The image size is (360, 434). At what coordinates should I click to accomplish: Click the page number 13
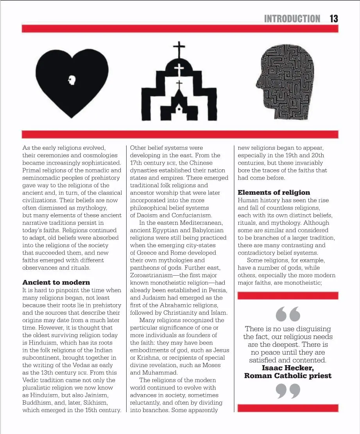coord(333,18)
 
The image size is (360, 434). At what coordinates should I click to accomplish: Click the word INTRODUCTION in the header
coord(292,18)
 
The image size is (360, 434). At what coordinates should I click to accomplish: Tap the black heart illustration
coord(72,82)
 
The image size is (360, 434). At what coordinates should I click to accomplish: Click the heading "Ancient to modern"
coord(56,282)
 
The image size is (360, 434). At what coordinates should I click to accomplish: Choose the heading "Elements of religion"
coord(274,192)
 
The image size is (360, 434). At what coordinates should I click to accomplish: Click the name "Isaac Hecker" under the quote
coord(288,368)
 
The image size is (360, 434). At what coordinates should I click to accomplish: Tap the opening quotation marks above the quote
coord(288,313)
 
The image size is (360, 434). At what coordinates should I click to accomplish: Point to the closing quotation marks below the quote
coord(288,391)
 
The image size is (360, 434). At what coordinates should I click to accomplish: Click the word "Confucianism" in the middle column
coord(192,215)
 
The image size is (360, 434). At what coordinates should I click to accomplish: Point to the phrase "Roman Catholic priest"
coord(288,376)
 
